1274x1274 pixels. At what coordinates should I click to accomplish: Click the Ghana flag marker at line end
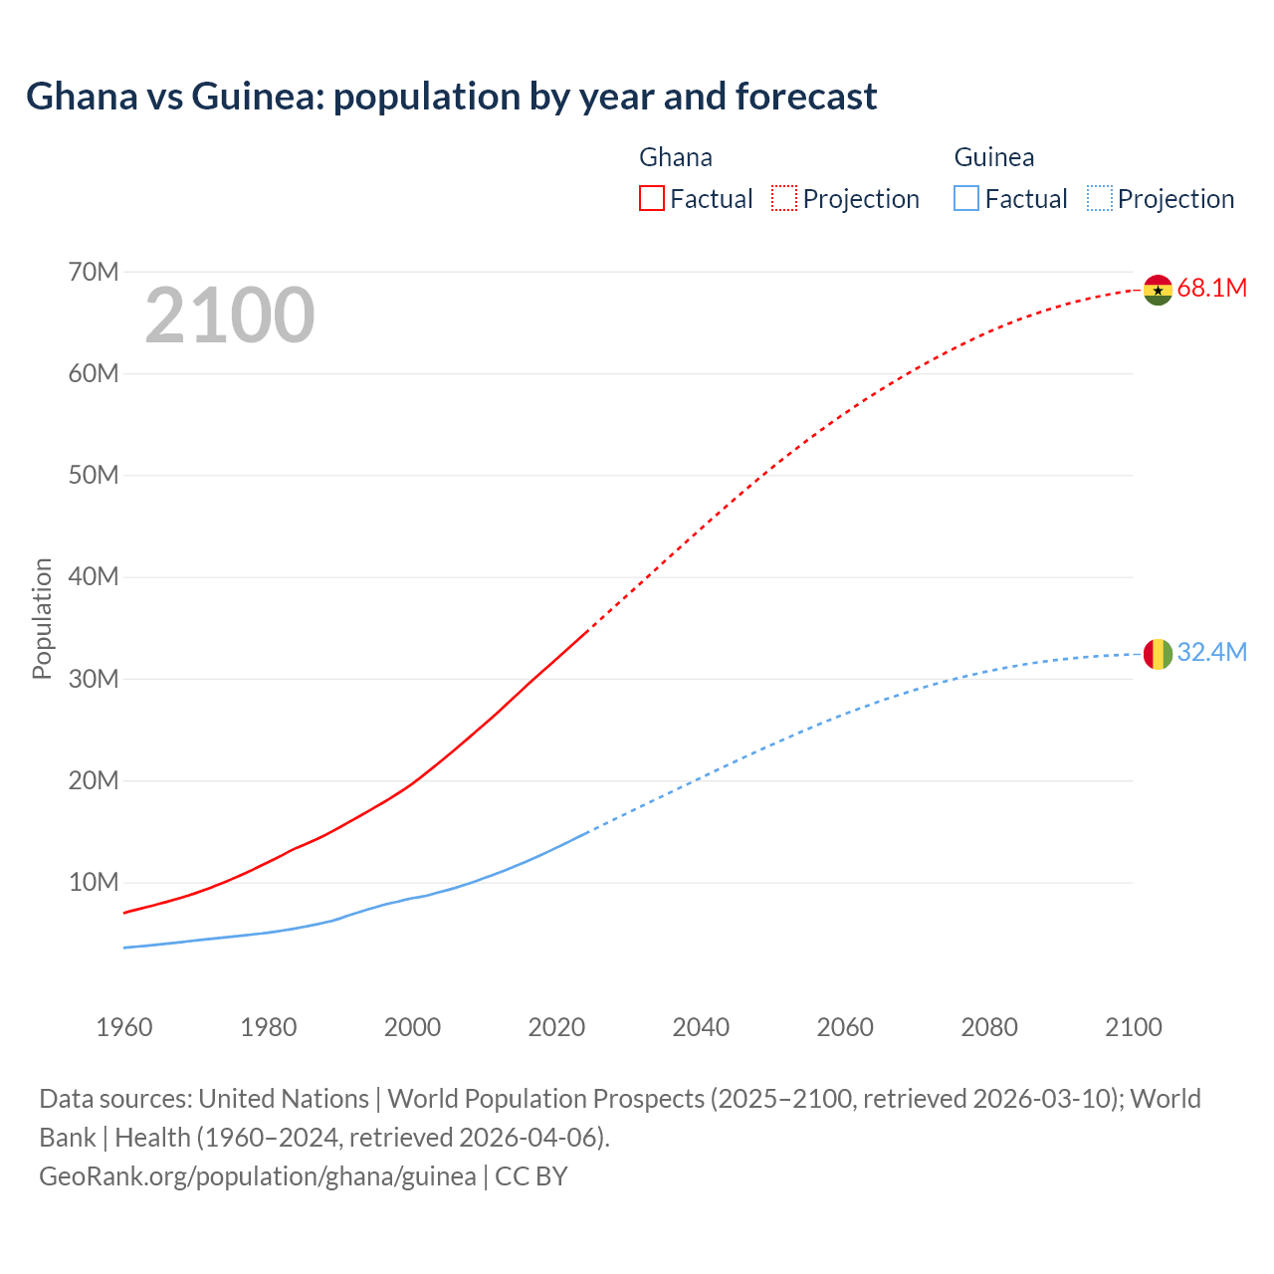coord(1158,290)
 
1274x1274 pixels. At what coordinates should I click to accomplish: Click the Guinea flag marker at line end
coord(1158,654)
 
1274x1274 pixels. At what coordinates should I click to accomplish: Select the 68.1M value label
coord(1211,289)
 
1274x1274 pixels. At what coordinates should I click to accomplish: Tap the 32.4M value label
coord(1211,653)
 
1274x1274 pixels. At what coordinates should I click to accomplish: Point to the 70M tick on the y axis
coord(94,272)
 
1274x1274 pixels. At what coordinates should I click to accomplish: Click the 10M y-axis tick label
coord(94,883)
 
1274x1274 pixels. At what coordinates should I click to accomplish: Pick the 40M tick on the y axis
coord(94,577)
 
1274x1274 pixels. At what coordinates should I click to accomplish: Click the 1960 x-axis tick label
coord(124,1027)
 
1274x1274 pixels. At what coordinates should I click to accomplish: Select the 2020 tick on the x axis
coord(556,1027)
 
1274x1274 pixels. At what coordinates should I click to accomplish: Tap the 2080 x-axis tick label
coord(989,1027)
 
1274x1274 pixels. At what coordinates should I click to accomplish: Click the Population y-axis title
coord(42,618)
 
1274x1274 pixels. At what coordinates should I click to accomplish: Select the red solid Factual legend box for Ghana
coord(652,199)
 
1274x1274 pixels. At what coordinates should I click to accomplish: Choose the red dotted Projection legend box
coord(784,199)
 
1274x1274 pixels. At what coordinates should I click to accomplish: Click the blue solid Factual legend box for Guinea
coord(966,199)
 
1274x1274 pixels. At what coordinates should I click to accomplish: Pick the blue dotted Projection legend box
coord(1100,199)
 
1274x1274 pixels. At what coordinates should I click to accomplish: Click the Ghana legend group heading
coord(676,157)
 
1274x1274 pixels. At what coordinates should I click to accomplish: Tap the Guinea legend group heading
coord(994,157)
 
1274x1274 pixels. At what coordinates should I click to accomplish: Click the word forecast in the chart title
coord(806,97)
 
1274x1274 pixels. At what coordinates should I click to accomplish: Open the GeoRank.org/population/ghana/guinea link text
coord(258,1176)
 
